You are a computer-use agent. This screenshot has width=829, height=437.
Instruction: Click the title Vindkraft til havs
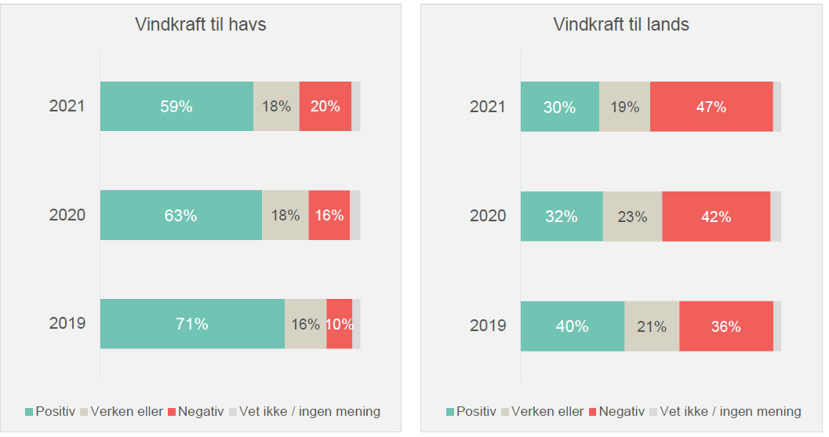click(x=201, y=24)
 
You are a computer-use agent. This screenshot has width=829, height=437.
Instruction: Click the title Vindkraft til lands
click(x=621, y=24)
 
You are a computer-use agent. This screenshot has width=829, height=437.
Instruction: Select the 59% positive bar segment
click(x=176, y=106)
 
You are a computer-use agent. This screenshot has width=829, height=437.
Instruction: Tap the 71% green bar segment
click(x=192, y=323)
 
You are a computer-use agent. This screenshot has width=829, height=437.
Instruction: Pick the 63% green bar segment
click(x=180, y=215)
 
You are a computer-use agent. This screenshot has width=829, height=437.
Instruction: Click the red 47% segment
click(x=711, y=107)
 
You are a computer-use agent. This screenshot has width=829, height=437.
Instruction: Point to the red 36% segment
click(x=725, y=326)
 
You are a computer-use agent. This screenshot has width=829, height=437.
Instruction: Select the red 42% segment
click(x=715, y=217)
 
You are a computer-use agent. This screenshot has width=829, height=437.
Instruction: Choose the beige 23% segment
click(x=632, y=217)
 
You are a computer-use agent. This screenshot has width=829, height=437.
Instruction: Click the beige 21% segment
click(x=651, y=326)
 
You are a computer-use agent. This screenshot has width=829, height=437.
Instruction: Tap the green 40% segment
click(x=573, y=326)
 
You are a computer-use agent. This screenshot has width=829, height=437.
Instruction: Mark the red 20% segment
click(x=325, y=106)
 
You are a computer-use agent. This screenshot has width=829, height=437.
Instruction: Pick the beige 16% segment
click(x=305, y=323)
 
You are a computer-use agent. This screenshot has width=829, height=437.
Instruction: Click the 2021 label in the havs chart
click(x=67, y=106)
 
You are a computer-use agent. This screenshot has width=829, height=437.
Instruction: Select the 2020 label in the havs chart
click(x=67, y=215)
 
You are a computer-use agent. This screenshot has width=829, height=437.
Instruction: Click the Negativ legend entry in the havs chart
click(x=195, y=411)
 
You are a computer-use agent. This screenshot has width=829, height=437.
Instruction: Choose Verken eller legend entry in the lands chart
click(x=547, y=411)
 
